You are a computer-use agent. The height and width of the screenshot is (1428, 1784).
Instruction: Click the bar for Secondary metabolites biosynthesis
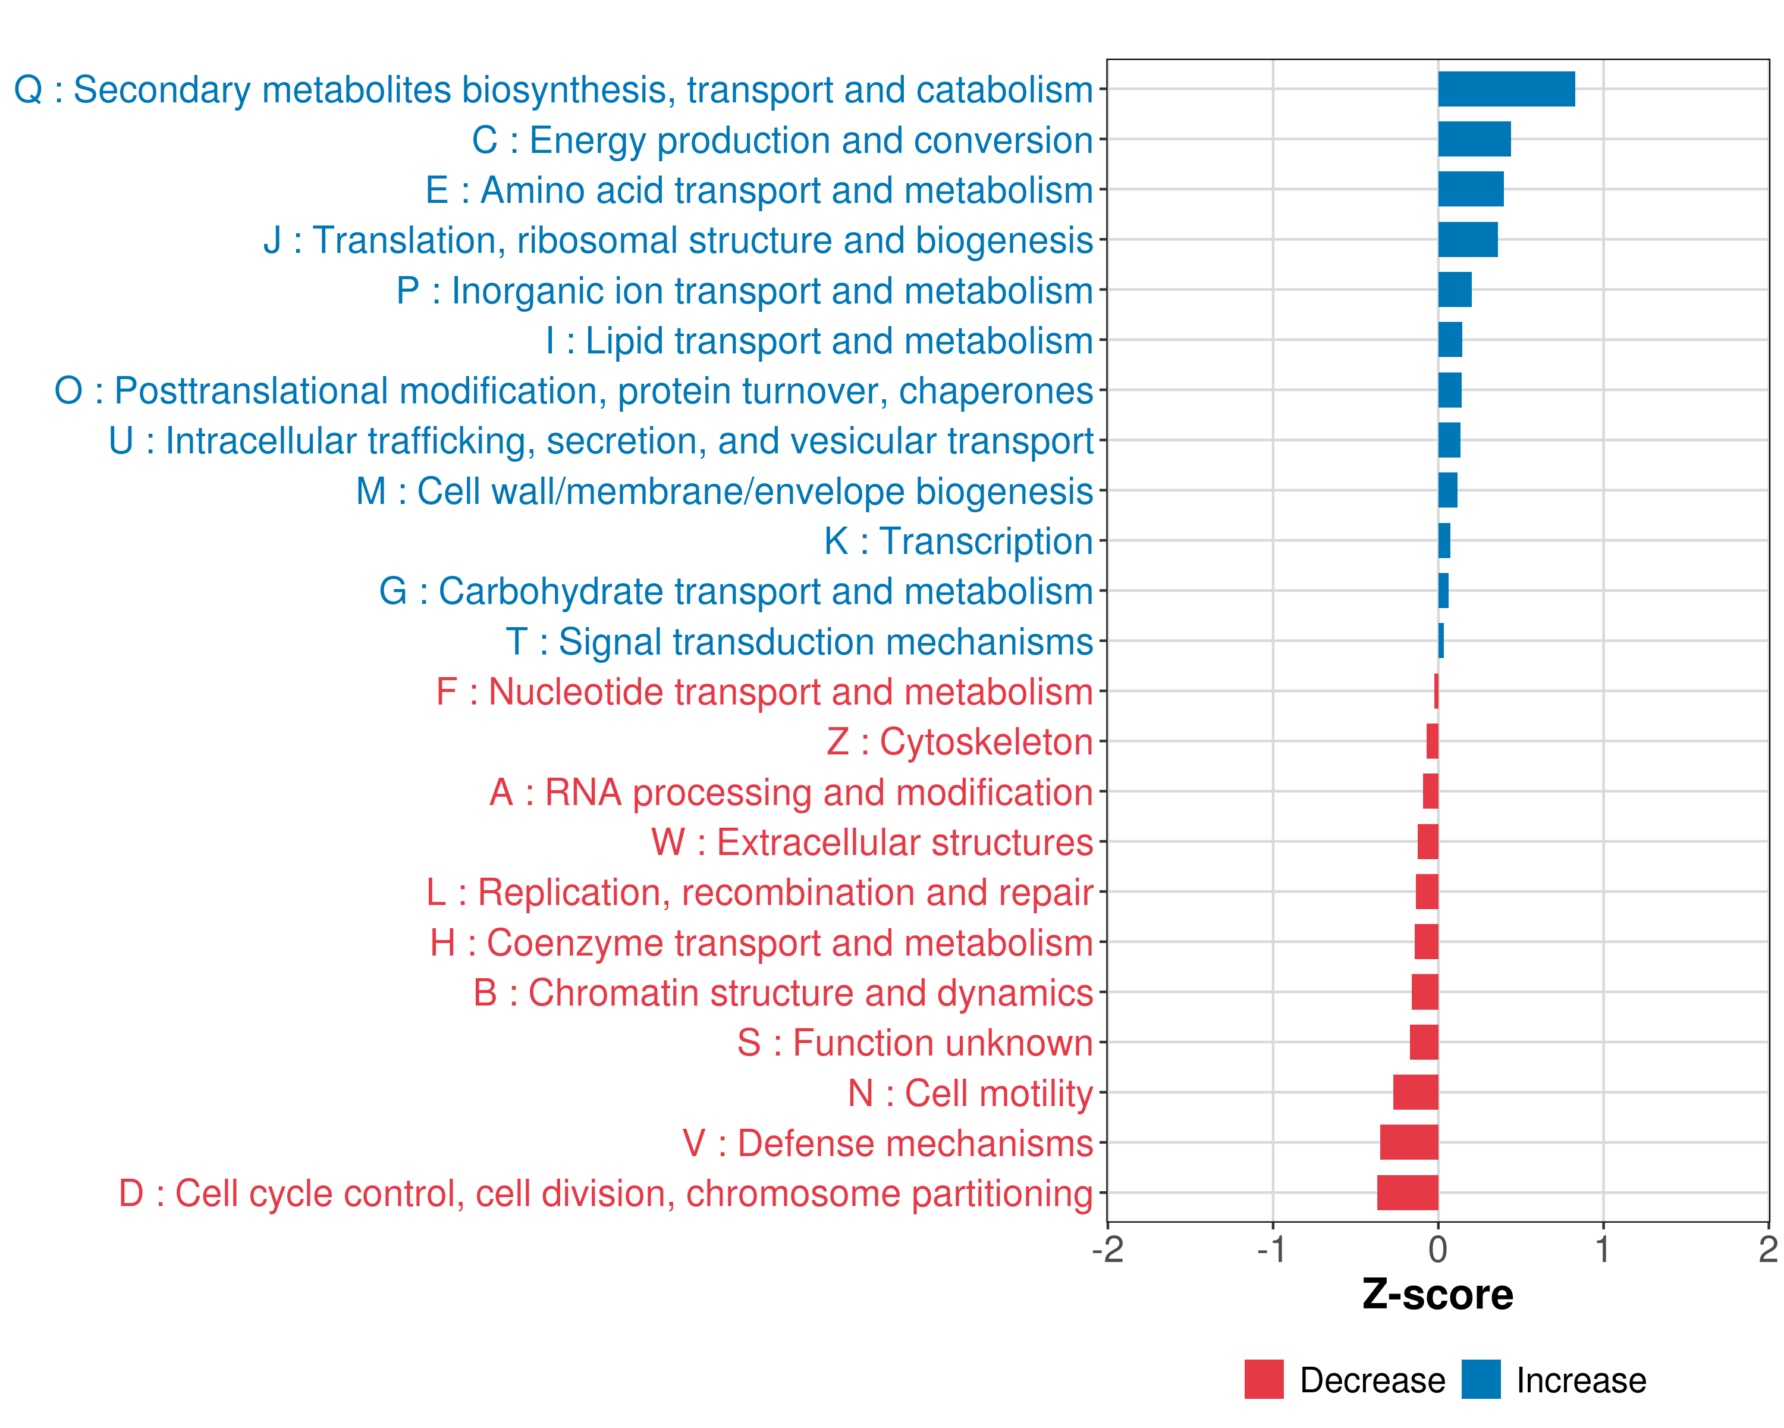click(x=1506, y=89)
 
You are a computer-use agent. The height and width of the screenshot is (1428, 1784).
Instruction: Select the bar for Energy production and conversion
click(x=1474, y=139)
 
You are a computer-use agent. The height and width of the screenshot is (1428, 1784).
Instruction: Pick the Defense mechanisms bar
click(x=1409, y=1142)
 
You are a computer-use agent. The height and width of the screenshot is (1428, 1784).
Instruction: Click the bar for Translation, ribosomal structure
click(x=1467, y=240)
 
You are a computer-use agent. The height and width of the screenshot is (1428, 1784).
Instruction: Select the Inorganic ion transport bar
click(x=1455, y=290)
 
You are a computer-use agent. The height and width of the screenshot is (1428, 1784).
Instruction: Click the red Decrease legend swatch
click(x=1264, y=1379)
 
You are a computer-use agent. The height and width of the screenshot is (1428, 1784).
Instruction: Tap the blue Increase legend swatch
click(x=1480, y=1379)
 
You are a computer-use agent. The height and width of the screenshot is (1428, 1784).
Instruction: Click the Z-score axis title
click(x=1437, y=1294)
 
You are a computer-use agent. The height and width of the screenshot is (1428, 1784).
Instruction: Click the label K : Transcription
click(x=958, y=541)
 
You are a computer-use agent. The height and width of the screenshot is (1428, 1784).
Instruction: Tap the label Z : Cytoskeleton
click(x=960, y=742)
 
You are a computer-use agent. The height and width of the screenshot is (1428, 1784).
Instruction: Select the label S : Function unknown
click(x=915, y=1043)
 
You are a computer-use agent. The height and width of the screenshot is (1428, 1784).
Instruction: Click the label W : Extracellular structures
click(x=872, y=843)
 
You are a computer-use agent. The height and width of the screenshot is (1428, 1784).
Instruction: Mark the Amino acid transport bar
click(x=1471, y=190)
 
